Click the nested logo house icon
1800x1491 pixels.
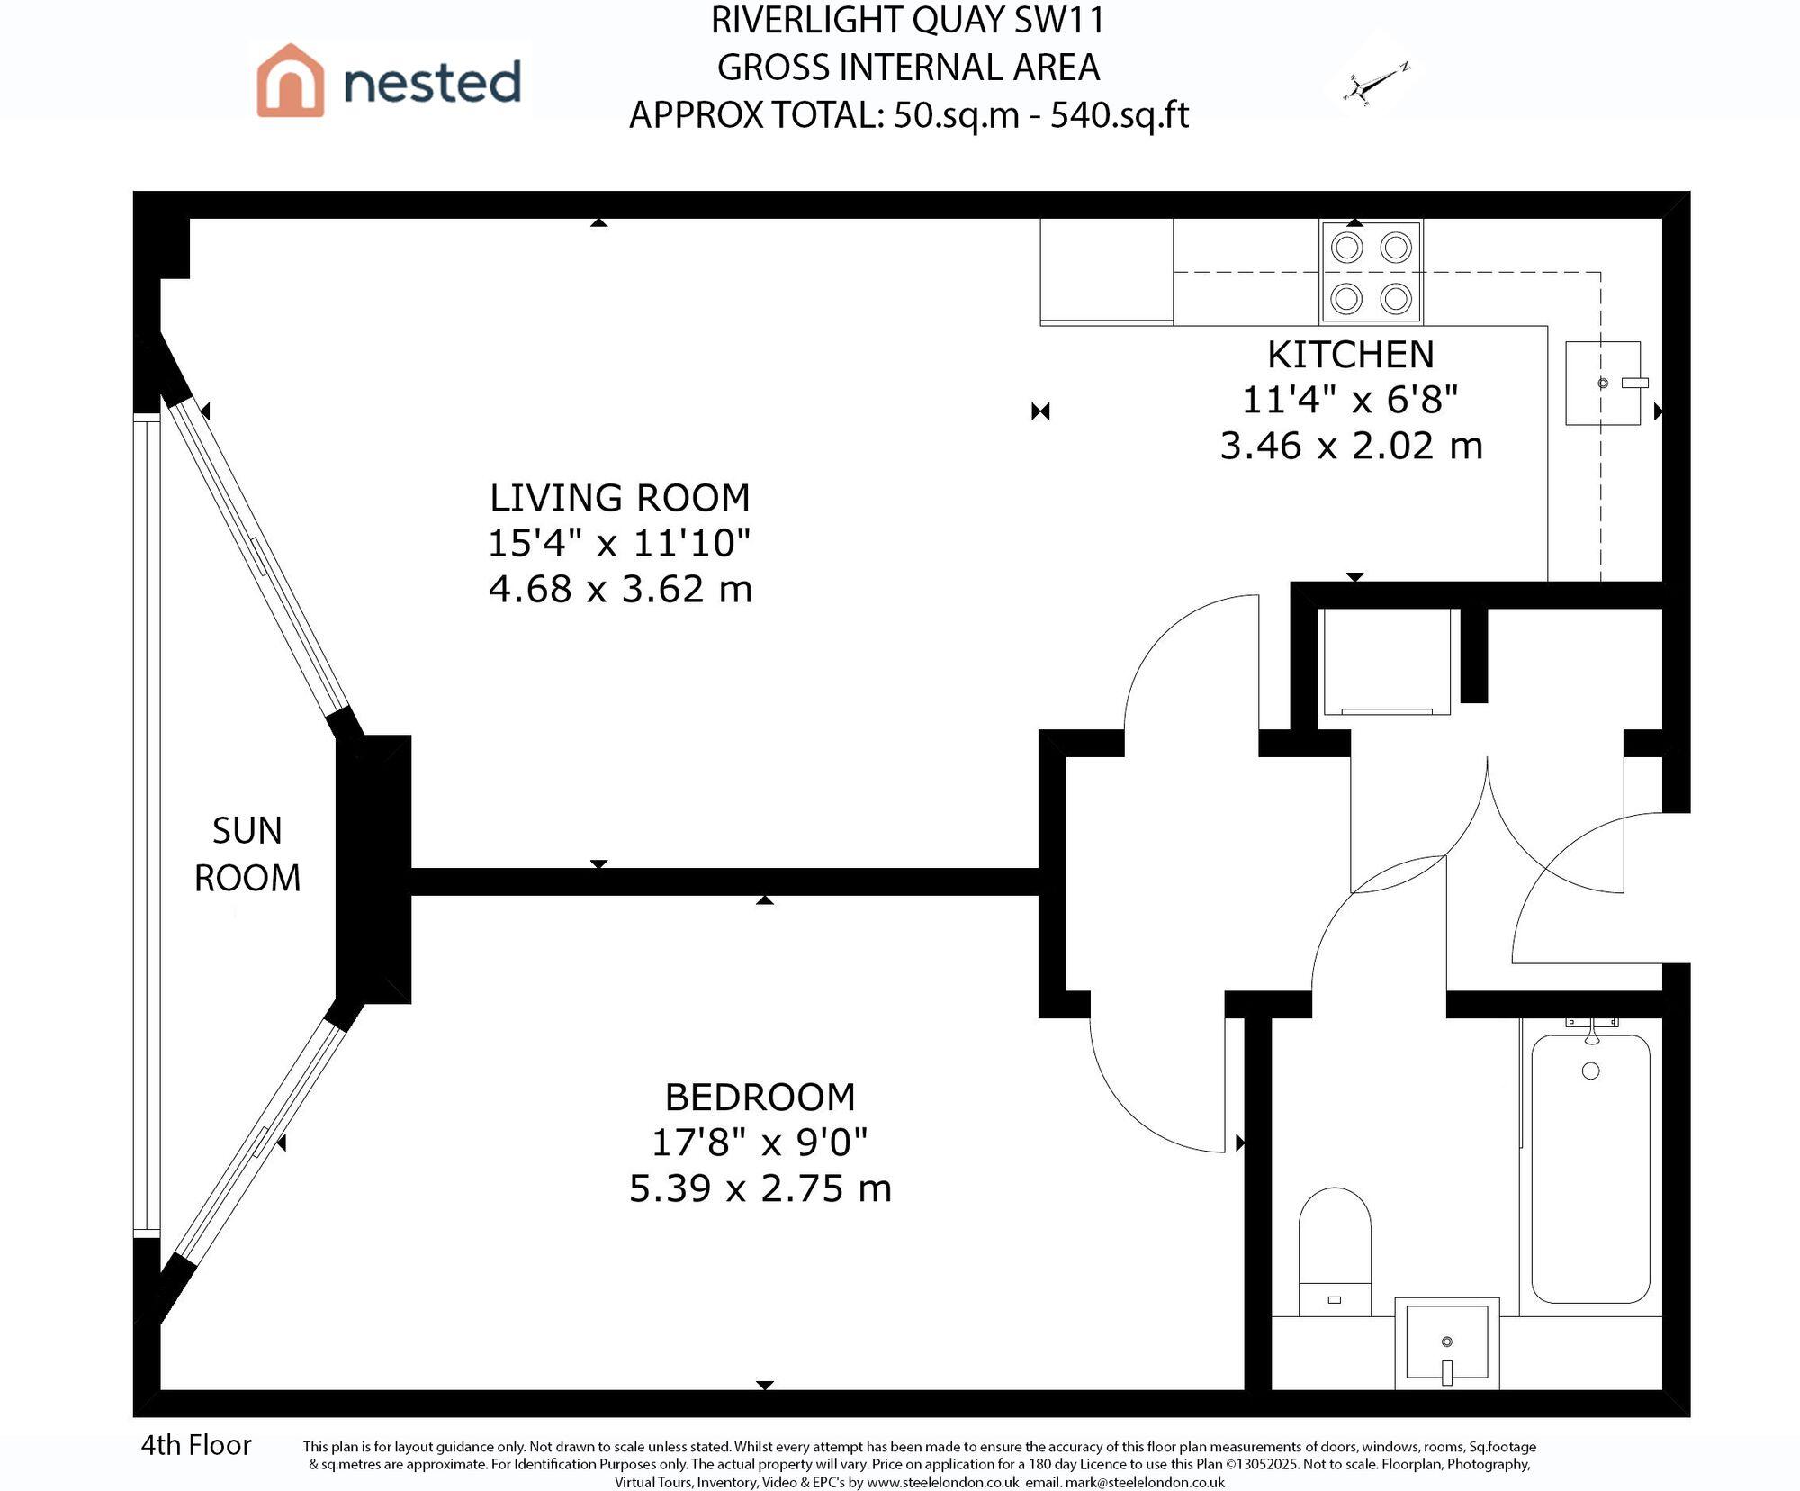pos(290,80)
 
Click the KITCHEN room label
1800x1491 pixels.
pos(1350,354)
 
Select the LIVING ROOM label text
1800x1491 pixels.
pos(619,497)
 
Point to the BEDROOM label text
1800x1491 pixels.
pos(760,1097)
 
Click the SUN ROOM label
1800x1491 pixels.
pos(247,854)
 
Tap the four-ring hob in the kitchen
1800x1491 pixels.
pos(1371,272)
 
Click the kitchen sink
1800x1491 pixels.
pos(1603,384)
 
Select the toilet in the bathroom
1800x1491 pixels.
pos(1335,1252)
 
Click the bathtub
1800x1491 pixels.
pos(1590,1168)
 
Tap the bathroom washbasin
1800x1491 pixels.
pos(1446,1342)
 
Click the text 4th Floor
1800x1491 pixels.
pos(196,1445)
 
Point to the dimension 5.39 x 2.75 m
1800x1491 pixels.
pos(760,1188)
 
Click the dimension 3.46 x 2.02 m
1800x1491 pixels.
pos(1350,446)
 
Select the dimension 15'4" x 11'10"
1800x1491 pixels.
pos(619,543)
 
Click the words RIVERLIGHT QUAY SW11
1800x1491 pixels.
pos(907,21)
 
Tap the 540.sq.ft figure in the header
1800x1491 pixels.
pos(1119,114)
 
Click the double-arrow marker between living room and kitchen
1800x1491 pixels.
pos(1040,411)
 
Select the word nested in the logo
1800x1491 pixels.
pos(432,82)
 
